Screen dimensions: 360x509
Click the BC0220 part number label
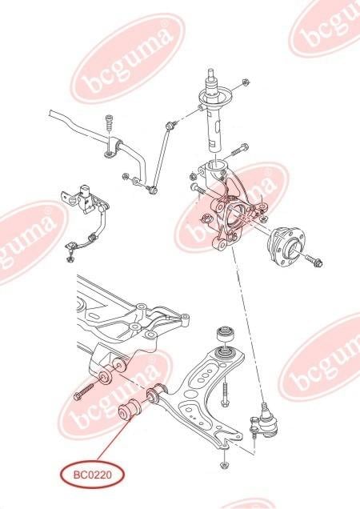point(93,475)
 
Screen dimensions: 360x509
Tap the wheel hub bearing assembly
point(283,244)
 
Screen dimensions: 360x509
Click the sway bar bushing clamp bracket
point(113,149)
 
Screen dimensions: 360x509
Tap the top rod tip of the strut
point(211,73)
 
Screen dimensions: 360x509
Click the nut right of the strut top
point(246,82)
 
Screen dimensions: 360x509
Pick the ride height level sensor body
point(85,198)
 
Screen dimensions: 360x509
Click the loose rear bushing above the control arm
point(226,332)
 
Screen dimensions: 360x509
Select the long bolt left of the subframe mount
point(83,392)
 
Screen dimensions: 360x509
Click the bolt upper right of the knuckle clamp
point(240,150)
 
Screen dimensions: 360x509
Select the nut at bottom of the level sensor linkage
point(69,259)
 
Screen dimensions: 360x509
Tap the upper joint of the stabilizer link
point(170,125)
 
